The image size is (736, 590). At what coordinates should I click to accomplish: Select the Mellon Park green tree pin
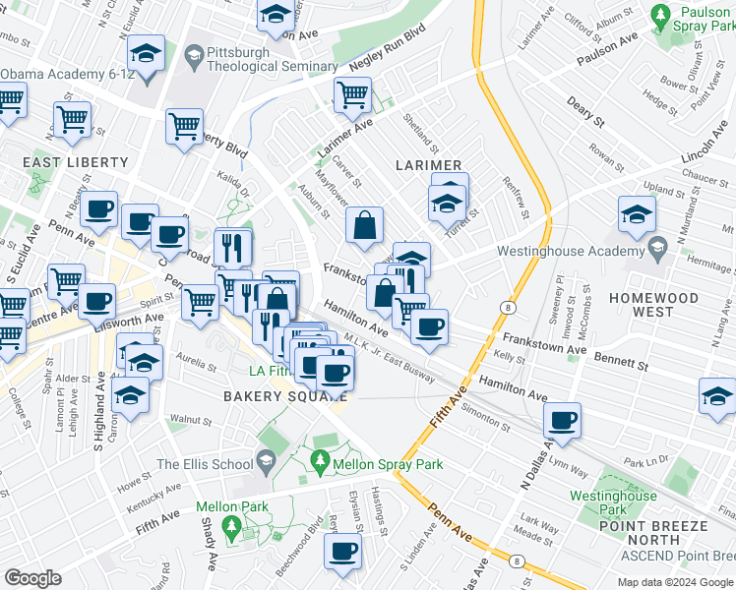[232, 527]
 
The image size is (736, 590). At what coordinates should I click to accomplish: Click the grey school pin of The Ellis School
[265, 459]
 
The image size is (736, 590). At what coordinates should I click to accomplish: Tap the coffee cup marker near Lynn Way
[563, 420]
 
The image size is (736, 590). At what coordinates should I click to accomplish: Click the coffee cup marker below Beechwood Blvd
[343, 552]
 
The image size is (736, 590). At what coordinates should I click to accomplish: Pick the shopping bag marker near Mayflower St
[364, 225]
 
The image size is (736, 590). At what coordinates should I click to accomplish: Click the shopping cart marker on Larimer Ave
[352, 95]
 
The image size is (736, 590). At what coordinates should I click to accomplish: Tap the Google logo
[32, 578]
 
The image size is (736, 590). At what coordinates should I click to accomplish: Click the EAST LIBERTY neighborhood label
[79, 161]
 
